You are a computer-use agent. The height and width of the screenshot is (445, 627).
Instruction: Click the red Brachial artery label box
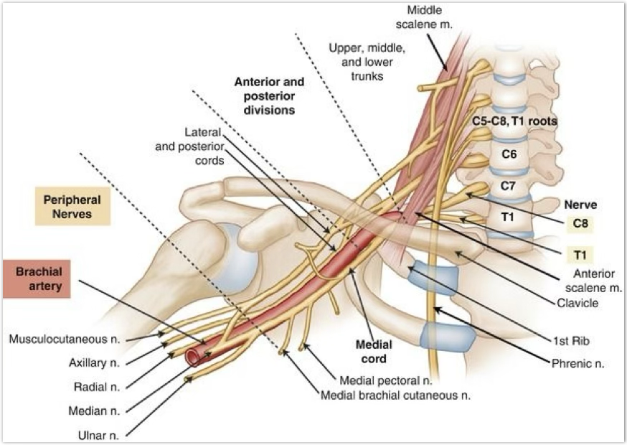click(37, 278)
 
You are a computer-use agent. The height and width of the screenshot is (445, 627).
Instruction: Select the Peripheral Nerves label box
click(72, 205)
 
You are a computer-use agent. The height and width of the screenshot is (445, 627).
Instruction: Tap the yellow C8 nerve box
click(581, 223)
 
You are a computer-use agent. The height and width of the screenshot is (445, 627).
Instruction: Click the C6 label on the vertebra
click(509, 152)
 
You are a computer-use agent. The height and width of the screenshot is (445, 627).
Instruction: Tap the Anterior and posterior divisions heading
click(269, 95)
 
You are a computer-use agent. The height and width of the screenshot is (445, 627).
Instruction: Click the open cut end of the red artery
click(193, 356)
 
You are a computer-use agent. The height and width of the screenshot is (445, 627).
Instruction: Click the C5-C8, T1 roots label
click(514, 121)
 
